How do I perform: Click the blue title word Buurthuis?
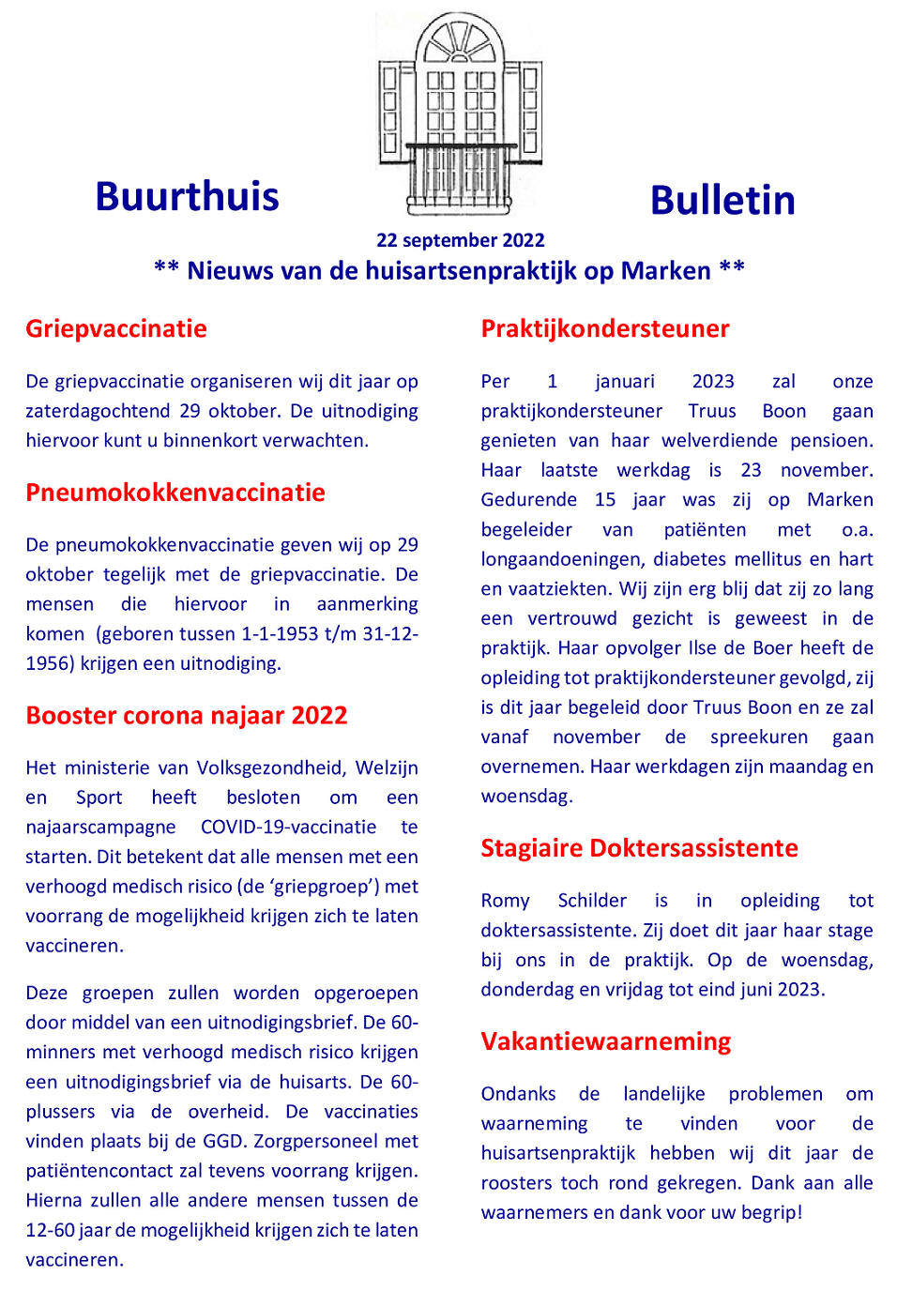(x=187, y=197)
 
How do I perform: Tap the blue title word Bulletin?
(x=722, y=201)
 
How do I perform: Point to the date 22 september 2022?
(x=460, y=240)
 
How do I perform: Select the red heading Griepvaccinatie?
(x=116, y=328)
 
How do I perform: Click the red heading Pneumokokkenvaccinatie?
(x=175, y=493)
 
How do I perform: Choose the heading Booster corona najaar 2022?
(x=187, y=716)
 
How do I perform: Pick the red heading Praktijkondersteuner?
(x=605, y=328)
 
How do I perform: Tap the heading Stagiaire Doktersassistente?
(x=639, y=848)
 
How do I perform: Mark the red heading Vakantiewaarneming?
(x=606, y=1041)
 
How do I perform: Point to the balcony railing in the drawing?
(x=460, y=174)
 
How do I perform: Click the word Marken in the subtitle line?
(x=665, y=271)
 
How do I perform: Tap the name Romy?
(x=505, y=901)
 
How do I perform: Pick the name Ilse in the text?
(x=676, y=648)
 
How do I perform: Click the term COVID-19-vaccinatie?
(x=288, y=828)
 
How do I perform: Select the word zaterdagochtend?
(x=99, y=411)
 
